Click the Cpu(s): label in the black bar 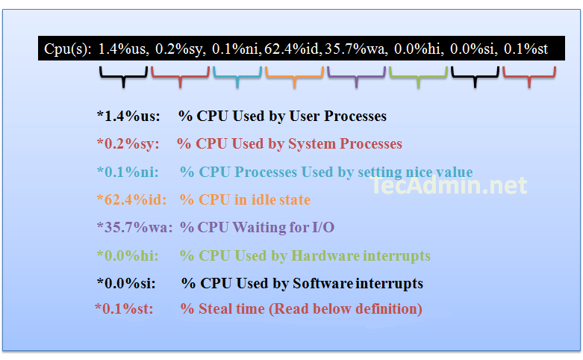68,49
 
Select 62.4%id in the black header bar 292,49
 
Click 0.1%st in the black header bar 526,49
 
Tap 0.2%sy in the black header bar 180,49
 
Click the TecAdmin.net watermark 449,185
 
